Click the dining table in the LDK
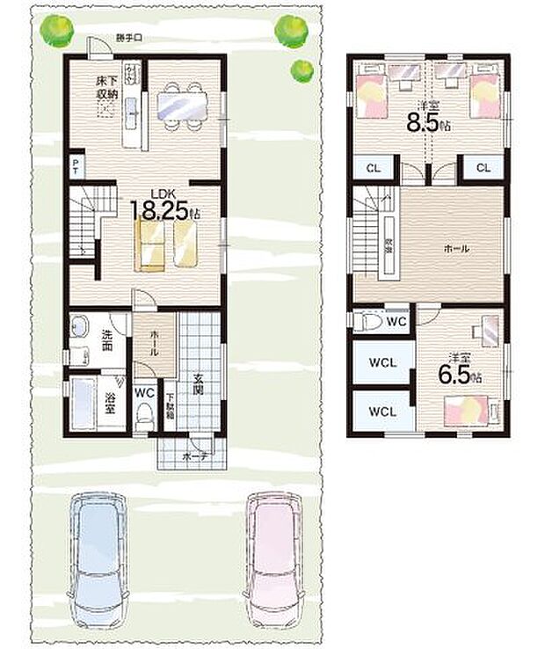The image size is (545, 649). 182,106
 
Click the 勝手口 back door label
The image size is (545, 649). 128,37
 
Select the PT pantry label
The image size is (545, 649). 77,166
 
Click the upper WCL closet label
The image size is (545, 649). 381,362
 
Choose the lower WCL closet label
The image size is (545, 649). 381,411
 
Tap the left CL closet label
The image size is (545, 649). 372,168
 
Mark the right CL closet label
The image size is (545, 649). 483,168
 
